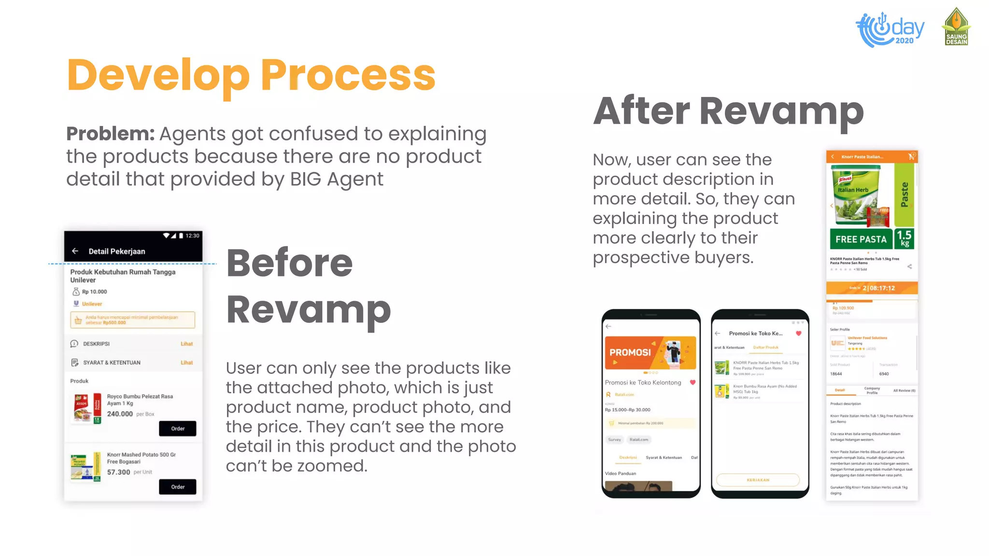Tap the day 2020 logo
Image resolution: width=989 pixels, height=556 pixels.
click(890, 29)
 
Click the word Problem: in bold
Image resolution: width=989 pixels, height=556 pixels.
click(110, 134)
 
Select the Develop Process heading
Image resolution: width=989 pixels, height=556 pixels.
click(251, 75)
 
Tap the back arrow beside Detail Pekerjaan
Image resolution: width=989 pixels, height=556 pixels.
click(75, 251)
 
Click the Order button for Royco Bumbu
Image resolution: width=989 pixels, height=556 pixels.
click(177, 429)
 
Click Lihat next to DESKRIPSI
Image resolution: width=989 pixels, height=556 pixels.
click(186, 344)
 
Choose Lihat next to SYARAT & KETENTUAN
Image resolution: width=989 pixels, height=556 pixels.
click(186, 362)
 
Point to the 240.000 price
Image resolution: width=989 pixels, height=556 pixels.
click(120, 414)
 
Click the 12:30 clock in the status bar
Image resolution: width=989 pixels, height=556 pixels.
click(192, 236)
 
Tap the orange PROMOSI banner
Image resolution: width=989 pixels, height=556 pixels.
click(650, 353)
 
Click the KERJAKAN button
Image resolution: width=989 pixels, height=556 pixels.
click(758, 480)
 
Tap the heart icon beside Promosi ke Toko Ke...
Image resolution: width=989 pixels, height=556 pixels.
click(799, 334)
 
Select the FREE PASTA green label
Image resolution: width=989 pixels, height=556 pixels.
click(861, 239)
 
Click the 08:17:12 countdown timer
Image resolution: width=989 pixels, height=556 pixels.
click(878, 288)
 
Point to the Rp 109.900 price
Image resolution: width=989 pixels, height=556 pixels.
click(843, 308)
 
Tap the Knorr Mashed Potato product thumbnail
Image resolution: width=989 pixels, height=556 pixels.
click(85, 467)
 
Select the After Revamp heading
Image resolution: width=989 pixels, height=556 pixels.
click(728, 111)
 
